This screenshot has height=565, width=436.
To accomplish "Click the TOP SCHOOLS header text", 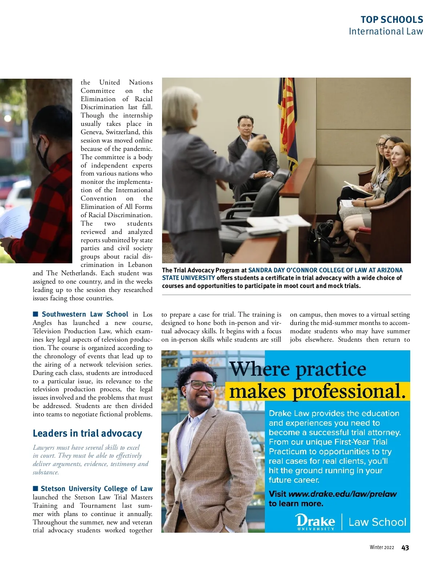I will pyautogui.click(x=392, y=20).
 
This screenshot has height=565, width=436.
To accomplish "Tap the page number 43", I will pyautogui.click(x=405, y=548).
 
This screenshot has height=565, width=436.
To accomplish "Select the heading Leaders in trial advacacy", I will pyautogui.click(x=87, y=433).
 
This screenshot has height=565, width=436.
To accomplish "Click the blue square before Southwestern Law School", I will pyautogui.click(x=35, y=314).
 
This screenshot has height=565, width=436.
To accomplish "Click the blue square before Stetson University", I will pyautogui.click(x=35, y=488).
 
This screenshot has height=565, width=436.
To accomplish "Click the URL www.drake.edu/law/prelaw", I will pyautogui.click(x=342, y=494).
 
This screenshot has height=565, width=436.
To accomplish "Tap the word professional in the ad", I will pyautogui.click(x=349, y=391).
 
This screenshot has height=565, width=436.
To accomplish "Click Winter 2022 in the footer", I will pyautogui.click(x=381, y=548).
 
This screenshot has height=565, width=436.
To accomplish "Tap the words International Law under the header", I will pyautogui.click(x=386, y=32).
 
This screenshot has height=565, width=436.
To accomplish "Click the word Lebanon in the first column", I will pyautogui.click(x=140, y=265).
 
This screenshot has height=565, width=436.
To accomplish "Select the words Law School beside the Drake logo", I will pyautogui.click(x=377, y=522).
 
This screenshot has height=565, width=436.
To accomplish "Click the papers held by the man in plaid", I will pyautogui.click(x=13, y=221).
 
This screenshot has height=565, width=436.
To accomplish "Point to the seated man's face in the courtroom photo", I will pyautogui.click(x=245, y=127).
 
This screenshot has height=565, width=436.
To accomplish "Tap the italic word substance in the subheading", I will pyautogui.click(x=45, y=472).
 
